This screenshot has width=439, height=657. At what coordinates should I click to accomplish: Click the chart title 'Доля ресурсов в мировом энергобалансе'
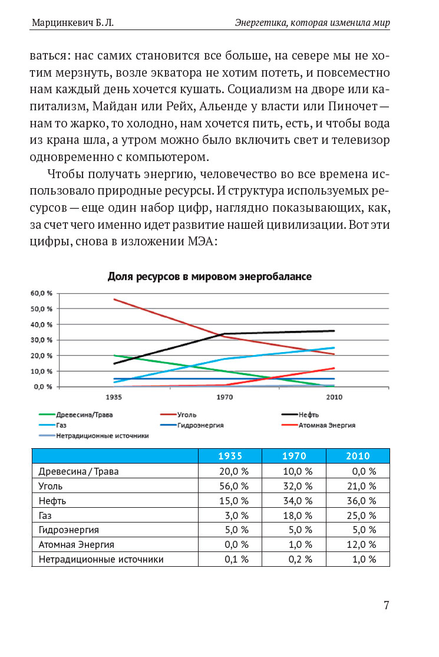(210, 277)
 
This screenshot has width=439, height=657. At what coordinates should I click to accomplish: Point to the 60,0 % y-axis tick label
(41, 293)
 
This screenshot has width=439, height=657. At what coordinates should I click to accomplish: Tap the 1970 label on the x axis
(224, 397)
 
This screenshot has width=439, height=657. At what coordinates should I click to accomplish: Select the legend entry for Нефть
(309, 415)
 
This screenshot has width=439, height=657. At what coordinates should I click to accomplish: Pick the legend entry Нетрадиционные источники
(102, 435)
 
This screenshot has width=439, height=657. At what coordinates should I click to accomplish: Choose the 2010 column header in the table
(358, 456)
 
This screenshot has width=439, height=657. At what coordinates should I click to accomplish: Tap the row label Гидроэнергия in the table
(68, 530)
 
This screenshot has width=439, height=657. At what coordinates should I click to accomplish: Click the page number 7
(387, 605)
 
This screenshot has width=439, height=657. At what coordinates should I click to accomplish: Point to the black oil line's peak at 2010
(334, 331)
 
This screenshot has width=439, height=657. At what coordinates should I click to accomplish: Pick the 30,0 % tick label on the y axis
(41, 340)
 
